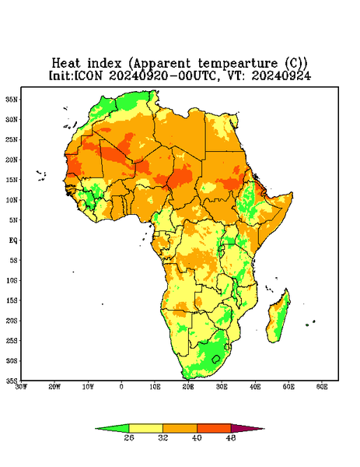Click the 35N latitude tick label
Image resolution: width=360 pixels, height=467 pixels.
click(12, 100)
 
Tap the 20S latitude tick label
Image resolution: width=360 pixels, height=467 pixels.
click(12, 321)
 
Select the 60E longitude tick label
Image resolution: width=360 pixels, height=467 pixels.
click(322, 387)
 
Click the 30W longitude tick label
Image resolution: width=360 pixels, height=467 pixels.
click(22, 387)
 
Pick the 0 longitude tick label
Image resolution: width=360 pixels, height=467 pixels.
click(121, 387)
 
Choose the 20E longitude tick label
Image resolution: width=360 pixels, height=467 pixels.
click(188, 387)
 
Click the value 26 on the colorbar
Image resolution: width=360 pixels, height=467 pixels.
click(129, 437)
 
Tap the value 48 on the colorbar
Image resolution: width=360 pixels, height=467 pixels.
click(231, 437)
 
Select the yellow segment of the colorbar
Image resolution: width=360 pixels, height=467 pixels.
click(145, 428)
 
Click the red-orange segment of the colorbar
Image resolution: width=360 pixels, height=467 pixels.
click(214, 428)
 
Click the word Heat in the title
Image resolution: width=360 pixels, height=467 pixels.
click(66, 64)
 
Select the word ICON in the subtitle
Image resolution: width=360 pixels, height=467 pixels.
click(89, 75)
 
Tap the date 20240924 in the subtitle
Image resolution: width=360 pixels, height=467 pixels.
click(281, 75)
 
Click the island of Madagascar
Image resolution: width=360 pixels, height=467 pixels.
click(278, 318)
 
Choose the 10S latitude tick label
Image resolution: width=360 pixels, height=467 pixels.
click(12, 280)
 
